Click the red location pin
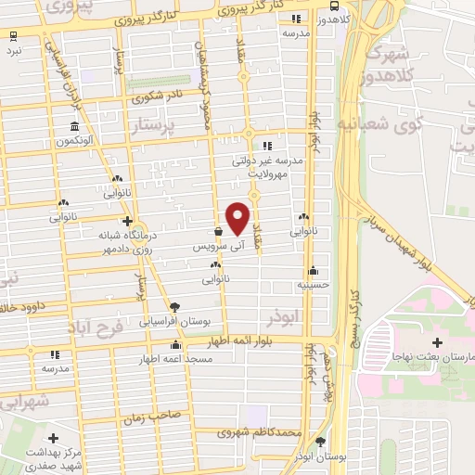[x=238, y=219]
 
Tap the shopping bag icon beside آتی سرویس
[x=217, y=232]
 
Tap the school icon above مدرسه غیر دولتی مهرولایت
[x=267, y=145]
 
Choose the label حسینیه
[x=316, y=283]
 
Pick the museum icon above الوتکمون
[x=74, y=127]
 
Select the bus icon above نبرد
[x=13, y=37]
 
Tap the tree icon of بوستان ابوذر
[x=320, y=442]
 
